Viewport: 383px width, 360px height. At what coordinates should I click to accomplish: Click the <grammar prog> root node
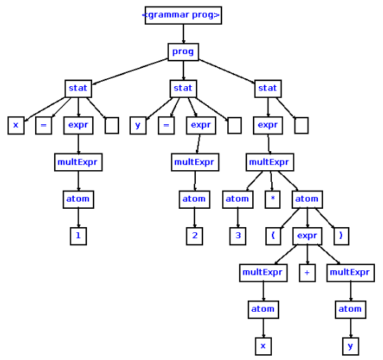click(x=183, y=15)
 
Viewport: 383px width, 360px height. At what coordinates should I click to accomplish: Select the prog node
click(x=183, y=51)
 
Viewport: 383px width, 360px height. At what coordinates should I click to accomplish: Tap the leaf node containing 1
click(x=78, y=236)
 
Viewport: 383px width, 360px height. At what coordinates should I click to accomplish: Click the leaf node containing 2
click(x=194, y=236)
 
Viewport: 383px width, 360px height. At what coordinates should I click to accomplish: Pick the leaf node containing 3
click(x=238, y=236)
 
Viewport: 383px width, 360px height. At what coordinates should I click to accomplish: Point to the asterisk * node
click(x=272, y=199)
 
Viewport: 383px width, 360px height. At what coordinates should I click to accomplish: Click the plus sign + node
click(x=307, y=272)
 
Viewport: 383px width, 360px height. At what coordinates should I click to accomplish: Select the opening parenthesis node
click(x=272, y=236)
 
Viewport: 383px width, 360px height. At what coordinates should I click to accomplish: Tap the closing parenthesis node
click(x=341, y=236)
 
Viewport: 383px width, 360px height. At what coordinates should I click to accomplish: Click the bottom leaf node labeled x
click(x=263, y=345)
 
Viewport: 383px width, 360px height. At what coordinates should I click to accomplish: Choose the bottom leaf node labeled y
click(x=350, y=345)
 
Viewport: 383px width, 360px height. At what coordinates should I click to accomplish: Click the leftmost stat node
click(x=78, y=88)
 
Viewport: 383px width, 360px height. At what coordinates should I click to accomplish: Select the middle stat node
click(x=183, y=88)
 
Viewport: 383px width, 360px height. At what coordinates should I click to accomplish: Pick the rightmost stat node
click(x=268, y=88)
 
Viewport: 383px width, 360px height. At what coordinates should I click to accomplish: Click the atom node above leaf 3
click(x=238, y=199)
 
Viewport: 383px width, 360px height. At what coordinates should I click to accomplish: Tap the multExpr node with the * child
click(x=270, y=161)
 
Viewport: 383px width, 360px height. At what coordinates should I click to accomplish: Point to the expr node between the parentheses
click(x=307, y=236)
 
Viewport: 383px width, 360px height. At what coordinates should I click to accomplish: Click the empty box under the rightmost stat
click(x=301, y=125)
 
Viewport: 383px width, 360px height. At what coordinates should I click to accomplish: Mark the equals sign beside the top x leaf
click(x=43, y=125)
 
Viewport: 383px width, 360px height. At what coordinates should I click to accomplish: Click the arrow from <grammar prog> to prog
click(x=183, y=33)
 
